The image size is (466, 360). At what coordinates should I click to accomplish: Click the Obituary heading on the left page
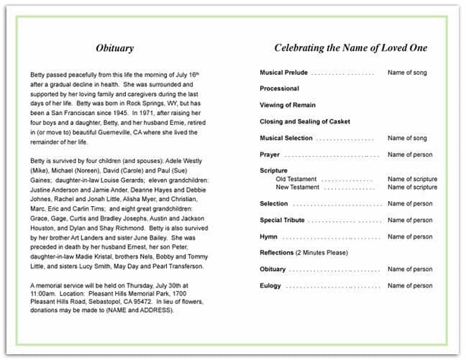point(115,48)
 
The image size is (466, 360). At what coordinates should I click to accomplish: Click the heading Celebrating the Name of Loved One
point(350,48)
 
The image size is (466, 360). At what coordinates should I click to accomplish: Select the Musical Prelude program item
point(283,73)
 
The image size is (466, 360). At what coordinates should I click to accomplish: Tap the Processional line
point(279,88)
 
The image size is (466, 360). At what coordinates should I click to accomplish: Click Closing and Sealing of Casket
point(305,121)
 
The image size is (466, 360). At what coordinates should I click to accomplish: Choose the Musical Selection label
point(285,138)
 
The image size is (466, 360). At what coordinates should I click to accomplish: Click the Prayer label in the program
point(270,154)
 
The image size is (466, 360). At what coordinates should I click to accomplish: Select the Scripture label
point(273,171)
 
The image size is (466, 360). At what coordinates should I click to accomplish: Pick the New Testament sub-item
point(298,187)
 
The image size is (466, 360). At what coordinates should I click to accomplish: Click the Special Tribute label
point(281,220)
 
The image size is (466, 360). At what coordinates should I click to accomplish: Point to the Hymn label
point(268,236)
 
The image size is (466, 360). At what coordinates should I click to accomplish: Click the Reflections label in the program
point(277,253)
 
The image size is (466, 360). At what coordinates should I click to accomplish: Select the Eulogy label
point(270,285)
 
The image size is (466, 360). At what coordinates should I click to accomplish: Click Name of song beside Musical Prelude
point(407,73)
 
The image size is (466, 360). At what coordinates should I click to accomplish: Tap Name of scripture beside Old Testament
point(412,179)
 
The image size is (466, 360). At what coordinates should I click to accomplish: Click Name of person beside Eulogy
point(410,285)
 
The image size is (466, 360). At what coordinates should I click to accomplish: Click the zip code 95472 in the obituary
point(142,303)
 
